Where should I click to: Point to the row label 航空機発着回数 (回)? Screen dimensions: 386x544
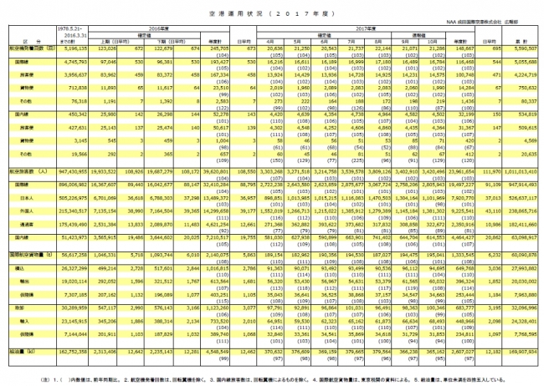click(19, 50)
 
